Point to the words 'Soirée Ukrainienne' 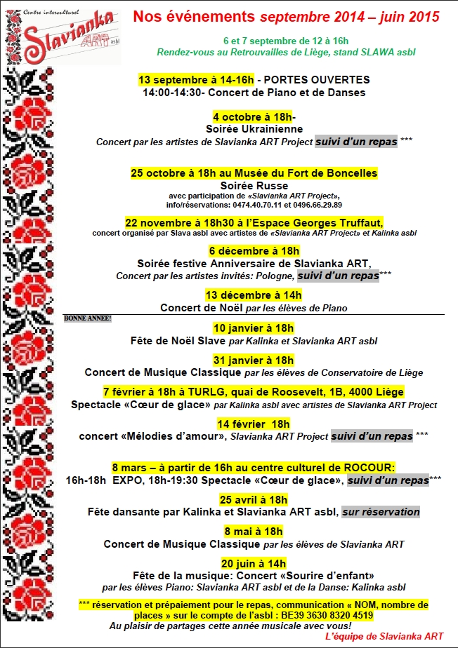254,129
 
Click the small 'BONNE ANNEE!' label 88,318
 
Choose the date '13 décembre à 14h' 254,295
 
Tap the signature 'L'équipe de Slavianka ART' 384,636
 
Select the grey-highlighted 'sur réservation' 381,512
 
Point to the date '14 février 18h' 254,424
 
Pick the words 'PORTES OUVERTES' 321,80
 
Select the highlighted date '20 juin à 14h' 254,562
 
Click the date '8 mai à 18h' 254,531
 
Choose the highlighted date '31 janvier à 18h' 254,360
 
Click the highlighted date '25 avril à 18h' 254,499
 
